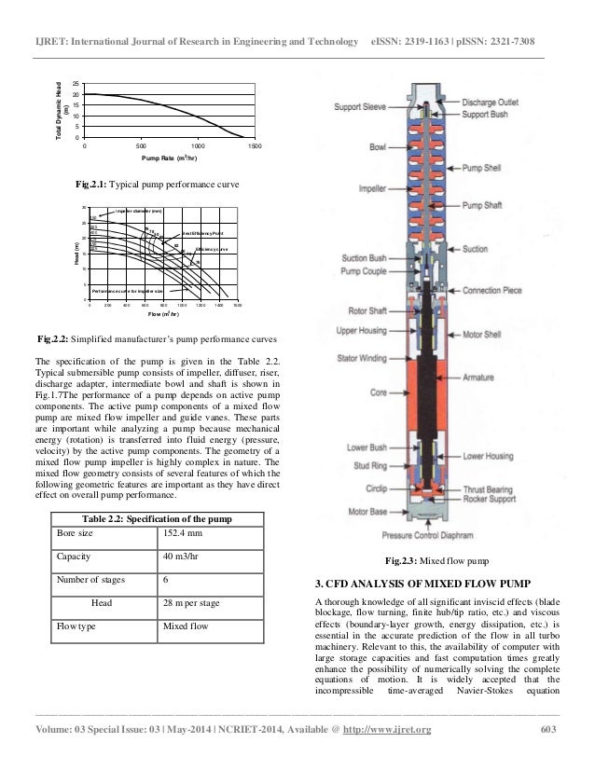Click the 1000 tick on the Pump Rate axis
[x=198, y=147]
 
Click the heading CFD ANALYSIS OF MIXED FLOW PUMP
[x=423, y=584]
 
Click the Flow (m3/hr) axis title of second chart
[x=166, y=315]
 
